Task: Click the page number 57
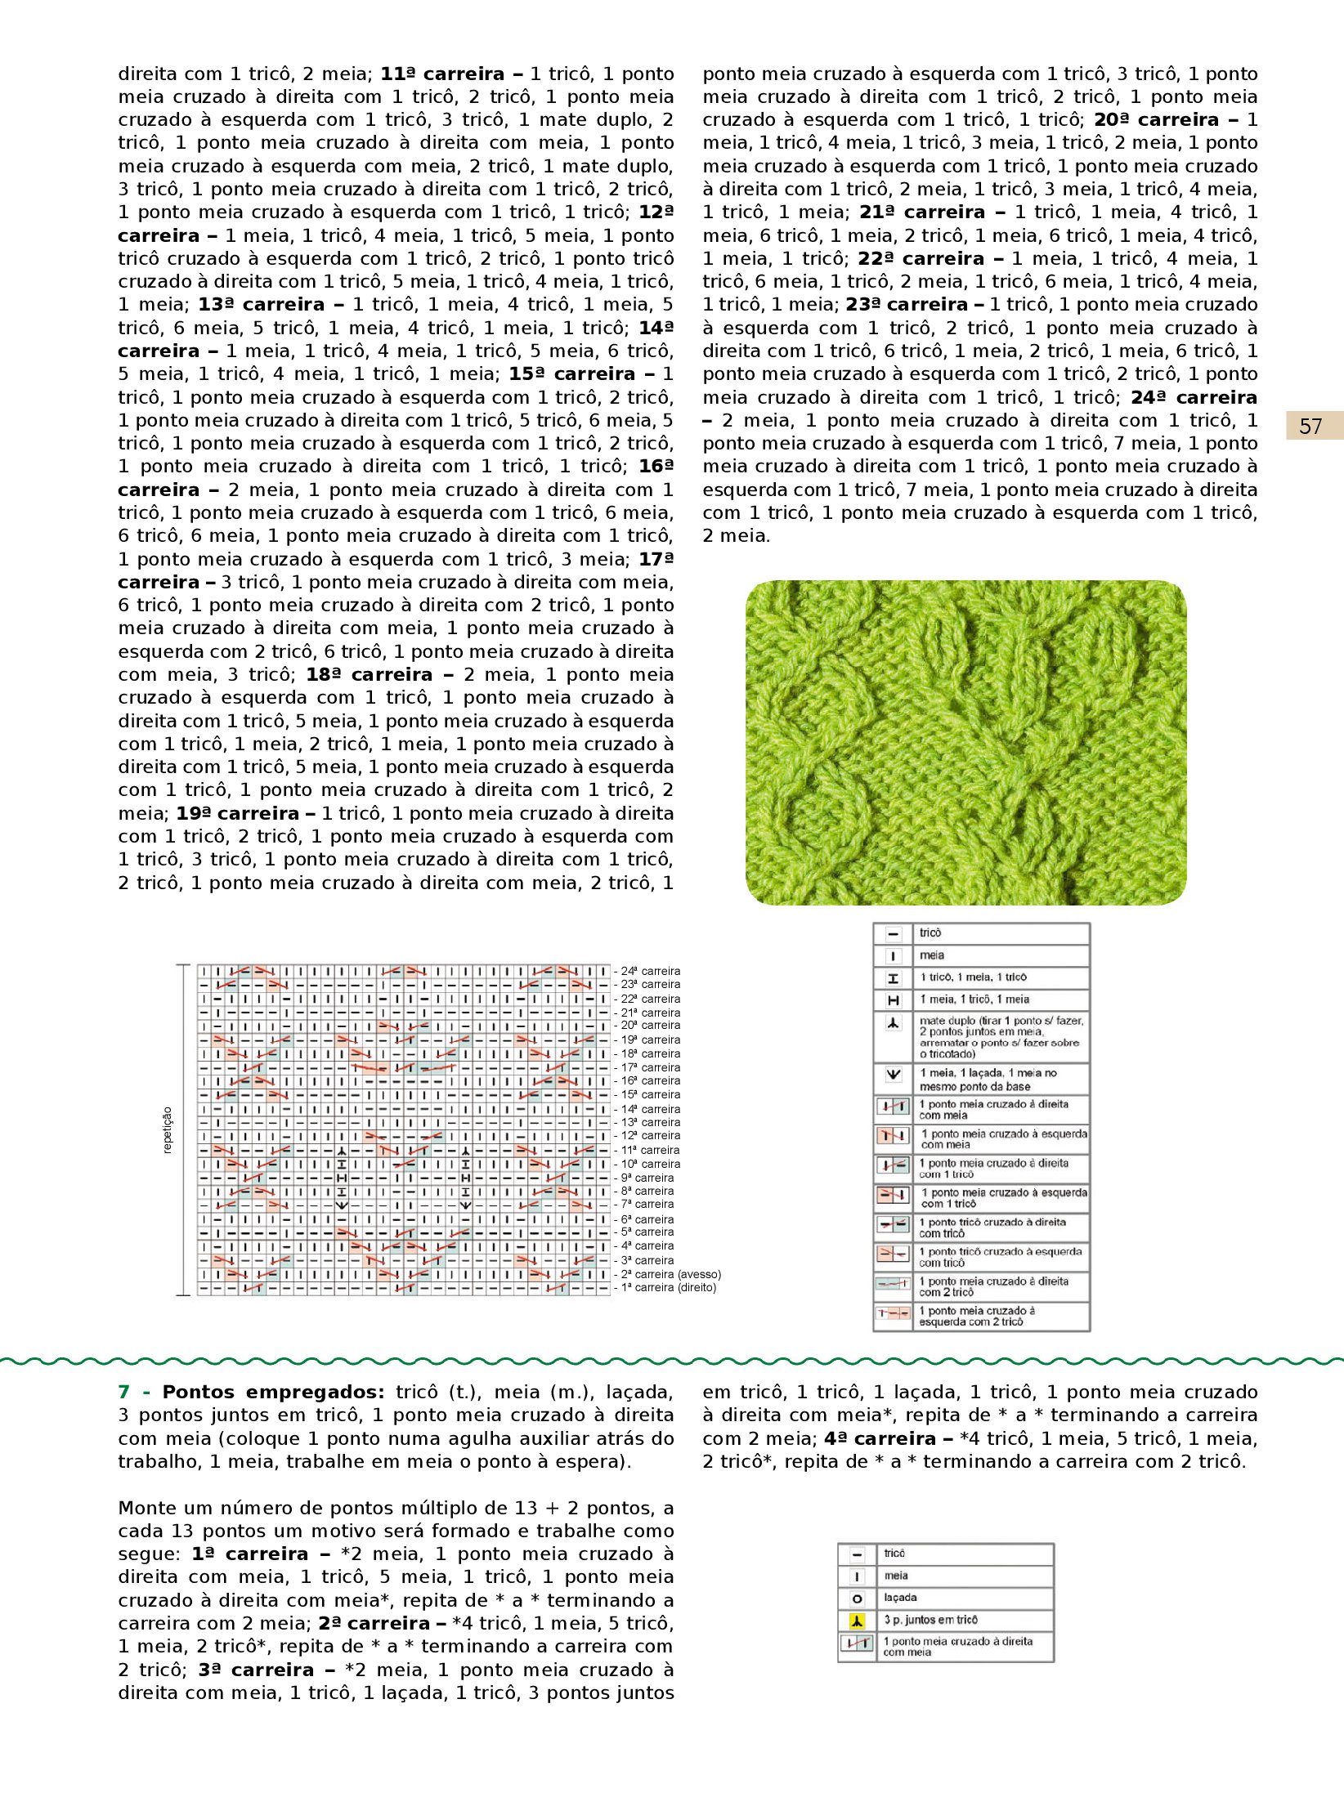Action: coord(1310,427)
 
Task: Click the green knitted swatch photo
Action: coord(965,742)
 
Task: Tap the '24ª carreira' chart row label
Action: coord(650,971)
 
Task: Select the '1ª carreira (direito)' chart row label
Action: coord(669,1288)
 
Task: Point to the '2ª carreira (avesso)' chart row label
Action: coord(671,1274)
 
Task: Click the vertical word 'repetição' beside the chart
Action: coord(168,1130)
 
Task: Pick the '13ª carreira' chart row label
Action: coord(650,1122)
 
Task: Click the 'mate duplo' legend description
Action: coord(1001,1037)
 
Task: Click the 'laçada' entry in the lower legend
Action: coord(900,1598)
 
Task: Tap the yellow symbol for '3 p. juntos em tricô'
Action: coord(857,1621)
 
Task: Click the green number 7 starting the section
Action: coord(123,1393)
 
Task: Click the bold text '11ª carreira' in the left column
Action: coord(441,74)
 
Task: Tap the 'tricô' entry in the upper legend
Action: coord(930,933)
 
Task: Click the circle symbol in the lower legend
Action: coord(857,1599)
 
